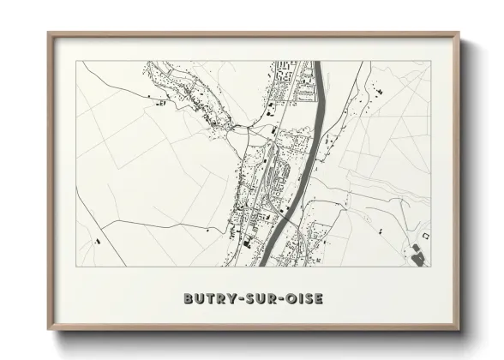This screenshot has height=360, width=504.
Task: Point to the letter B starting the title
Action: (x=189, y=299)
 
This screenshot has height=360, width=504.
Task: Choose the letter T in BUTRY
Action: (x=209, y=299)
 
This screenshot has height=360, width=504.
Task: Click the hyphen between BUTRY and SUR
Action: (x=237, y=299)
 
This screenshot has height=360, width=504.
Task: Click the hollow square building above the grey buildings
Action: (x=423, y=235)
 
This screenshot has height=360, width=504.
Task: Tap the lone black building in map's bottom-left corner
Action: (x=95, y=242)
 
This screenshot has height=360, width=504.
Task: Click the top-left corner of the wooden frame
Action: (x=48, y=33)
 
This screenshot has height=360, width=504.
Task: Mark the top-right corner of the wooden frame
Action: (x=460, y=33)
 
